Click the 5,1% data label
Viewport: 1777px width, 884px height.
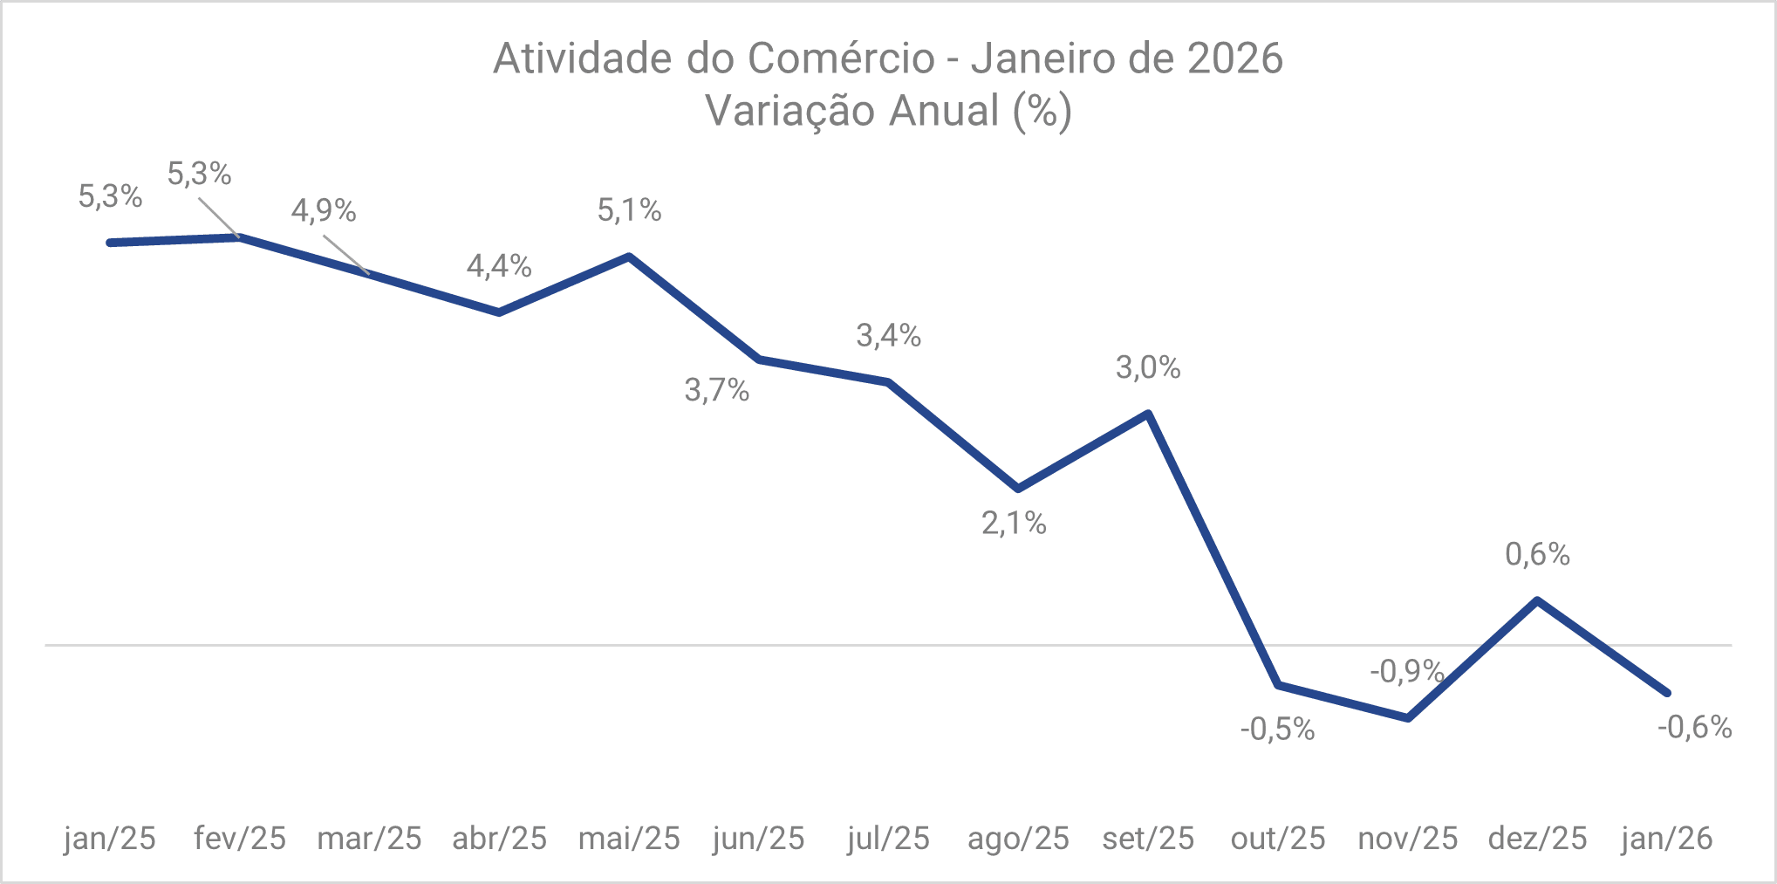(629, 210)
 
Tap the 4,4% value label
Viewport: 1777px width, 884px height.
(499, 265)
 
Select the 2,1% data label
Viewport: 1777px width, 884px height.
(1014, 523)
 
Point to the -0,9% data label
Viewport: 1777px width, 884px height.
(1406, 671)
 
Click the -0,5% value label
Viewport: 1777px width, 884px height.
(1277, 729)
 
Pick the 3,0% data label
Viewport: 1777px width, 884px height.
(1148, 367)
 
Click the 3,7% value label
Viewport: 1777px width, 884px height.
(716, 390)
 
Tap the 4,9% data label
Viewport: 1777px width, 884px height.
(324, 210)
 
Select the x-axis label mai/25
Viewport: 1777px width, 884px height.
(629, 839)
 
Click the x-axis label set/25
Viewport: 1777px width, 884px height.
(1148, 839)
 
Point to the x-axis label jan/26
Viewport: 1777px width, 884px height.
(1667, 839)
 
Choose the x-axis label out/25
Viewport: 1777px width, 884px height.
(1278, 839)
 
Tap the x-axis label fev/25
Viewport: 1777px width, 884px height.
(240, 839)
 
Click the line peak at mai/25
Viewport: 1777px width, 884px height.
(629, 257)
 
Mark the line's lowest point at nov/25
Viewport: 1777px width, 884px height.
(1408, 718)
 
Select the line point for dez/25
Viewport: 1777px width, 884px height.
(1537, 600)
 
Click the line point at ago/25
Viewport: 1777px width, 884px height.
(1018, 489)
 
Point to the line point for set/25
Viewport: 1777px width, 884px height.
(1148, 413)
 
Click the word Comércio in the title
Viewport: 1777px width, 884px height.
(841, 59)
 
